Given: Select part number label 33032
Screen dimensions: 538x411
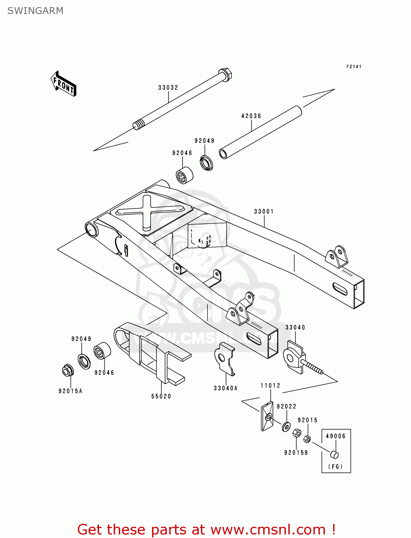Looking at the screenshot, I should tap(168, 88).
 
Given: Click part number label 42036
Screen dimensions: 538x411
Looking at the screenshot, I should tap(251, 116).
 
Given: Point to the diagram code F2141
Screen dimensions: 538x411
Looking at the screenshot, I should tap(354, 66).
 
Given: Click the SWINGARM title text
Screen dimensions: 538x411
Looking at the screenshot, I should tap(35, 11).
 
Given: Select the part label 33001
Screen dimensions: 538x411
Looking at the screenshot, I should tap(264, 211).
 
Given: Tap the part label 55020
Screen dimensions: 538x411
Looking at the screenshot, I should tap(161, 396).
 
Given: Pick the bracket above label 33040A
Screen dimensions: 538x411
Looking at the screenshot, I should tap(225, 358).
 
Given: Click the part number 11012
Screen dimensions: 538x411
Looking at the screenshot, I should tap(270, 386).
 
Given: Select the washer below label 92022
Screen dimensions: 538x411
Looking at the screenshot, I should tap(286, 427).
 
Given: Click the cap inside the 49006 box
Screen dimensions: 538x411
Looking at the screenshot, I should tap(334, 454).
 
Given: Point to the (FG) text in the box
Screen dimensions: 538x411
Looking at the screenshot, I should tap(335, 467).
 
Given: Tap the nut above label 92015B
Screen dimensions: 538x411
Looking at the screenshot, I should tap(297, 433).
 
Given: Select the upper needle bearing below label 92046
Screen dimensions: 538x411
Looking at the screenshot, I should tap(184, 175).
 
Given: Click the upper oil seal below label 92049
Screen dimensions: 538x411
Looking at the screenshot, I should tap(206, 163).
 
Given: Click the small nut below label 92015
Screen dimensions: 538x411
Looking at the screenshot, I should tap(307, 439).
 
